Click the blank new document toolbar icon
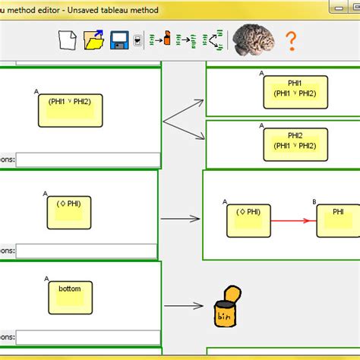pyautogui.click(x=69, y=40)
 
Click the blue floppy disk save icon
pyautogui.click(x=118, y=40)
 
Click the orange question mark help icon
pyautogui.click(x=289, y=40)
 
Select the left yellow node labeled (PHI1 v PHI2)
pyautogui.click(x=70, y=109)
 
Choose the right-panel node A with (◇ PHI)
pyautogui.click(x=247, y=220)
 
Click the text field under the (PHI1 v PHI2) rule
pyautogui.click(x=88, y=160)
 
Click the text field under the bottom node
pyautogui.click(x=88, y=336)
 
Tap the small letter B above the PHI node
pyautogui.click(x=314, y=201)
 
